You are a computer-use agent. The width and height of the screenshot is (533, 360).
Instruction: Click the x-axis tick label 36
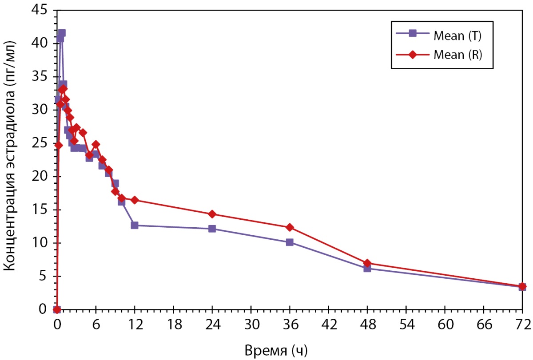pyautogui.click(x=290, y=324)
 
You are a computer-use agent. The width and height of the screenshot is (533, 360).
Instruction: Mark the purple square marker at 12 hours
pyautogui.click(x=135, y=225)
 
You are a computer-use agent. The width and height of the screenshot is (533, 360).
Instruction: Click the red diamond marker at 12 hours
pyautogui.click(x=135, y=200)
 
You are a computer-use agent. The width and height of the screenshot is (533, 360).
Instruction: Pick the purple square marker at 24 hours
pyautogui.click(x=212, y=229)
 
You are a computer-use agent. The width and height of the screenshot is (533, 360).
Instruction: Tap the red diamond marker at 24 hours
pyautogui.click(x=212, y=214)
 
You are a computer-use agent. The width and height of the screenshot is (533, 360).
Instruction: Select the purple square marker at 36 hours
pyautogui.click(x=290, y=242)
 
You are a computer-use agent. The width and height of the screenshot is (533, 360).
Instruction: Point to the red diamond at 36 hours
pyautogui.click(x=290, y=227)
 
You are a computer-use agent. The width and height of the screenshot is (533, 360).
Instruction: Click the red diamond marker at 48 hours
pyautogui.click(x=367, y=263)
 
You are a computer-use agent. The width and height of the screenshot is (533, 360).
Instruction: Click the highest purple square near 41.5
pyautogui.click(x=62, y=33)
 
